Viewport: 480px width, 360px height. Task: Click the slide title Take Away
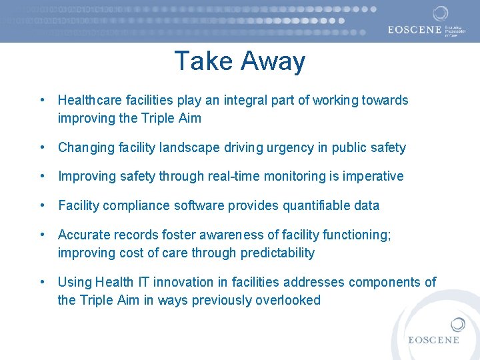[239, 61]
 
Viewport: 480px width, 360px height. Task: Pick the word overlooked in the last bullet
[288, 301]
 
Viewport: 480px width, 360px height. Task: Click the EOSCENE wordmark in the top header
[415, 29]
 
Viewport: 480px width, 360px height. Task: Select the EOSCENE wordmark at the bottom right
[434, 340]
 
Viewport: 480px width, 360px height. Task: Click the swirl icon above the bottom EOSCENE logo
[457, 325]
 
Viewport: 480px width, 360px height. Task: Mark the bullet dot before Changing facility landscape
[43, 147]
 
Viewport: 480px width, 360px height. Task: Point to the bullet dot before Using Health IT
[43, 282]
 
